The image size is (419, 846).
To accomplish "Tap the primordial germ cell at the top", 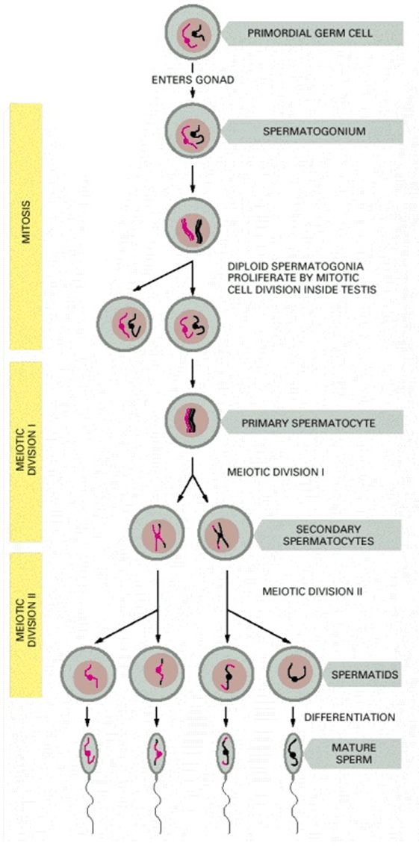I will [193, 33].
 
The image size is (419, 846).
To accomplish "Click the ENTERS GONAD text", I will [193, 78].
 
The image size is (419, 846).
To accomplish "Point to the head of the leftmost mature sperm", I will [89, 750].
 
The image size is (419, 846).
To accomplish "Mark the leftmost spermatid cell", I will [89, 675].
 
